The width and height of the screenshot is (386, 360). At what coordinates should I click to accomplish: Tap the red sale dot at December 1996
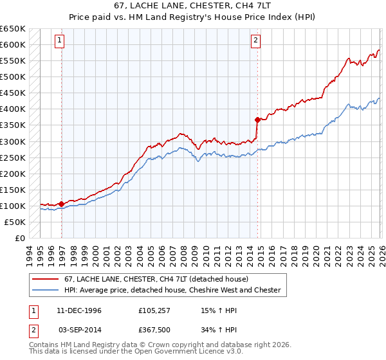pyautogui.click(x=62, y=204)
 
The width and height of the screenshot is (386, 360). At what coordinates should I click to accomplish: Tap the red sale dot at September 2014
pyautogui.click(x=257, y=119)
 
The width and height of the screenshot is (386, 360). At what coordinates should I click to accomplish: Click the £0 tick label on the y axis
pyautogui.click(x=19, y=238)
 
